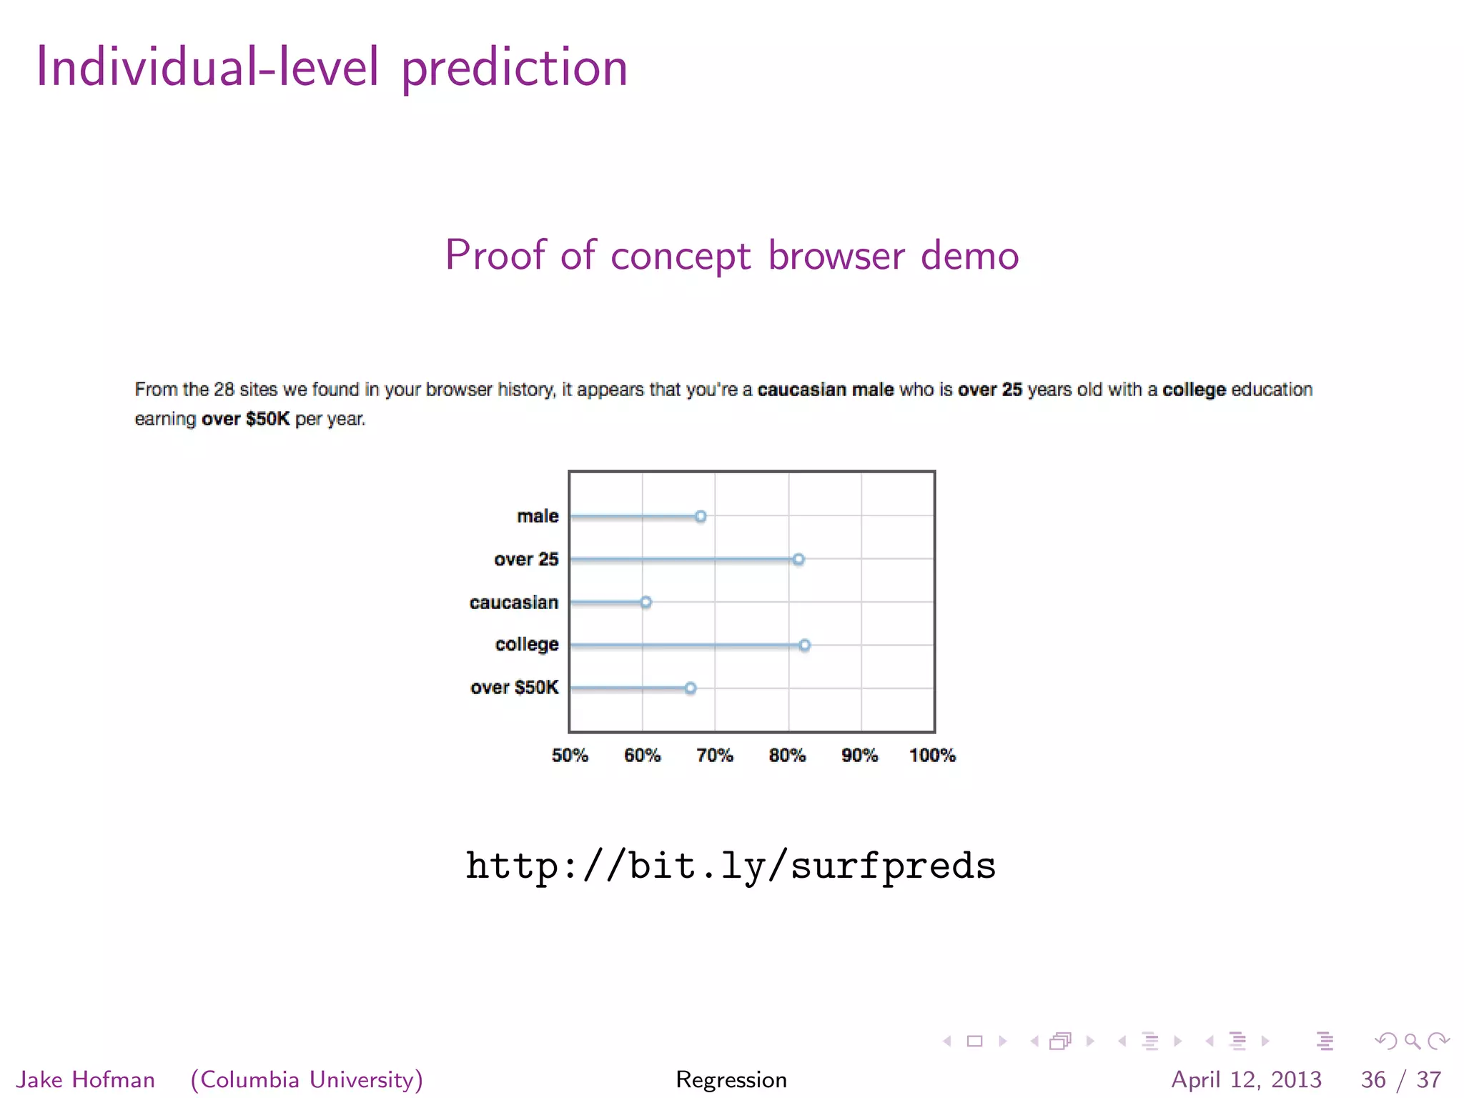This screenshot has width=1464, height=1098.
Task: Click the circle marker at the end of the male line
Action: click(701, 516)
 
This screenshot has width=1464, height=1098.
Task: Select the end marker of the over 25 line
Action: click(798, 559)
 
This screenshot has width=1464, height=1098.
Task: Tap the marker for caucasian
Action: click(646, 602)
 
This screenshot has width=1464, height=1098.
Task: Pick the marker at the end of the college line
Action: click(805, 645)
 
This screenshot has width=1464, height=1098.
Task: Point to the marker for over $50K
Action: click(691, 688)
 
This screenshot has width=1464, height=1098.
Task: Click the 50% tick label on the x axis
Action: click(570, 756)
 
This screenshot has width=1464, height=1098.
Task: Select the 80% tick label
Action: click(787, 756)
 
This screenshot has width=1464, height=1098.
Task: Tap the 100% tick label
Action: click(932, 756)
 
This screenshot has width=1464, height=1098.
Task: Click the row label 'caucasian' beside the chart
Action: click(513, 603)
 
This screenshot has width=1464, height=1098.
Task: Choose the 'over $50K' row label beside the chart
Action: click(514, 688)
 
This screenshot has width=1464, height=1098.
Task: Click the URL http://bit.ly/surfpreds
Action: click(731, 866)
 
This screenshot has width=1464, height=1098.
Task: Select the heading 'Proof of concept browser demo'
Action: click(732, 255)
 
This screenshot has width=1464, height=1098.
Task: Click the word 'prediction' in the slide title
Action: click(514, 68)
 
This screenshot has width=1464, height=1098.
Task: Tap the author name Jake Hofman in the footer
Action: click(86, 1079)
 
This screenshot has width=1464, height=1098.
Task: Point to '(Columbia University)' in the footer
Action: click(307, 1079)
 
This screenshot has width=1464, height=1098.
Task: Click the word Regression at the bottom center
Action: click(731, 1079)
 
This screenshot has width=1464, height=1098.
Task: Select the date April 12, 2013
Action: click(1246, 1079)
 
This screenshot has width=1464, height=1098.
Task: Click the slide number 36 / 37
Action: click(1400, 1079)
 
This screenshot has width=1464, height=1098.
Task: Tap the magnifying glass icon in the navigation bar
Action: click(1412, 1041)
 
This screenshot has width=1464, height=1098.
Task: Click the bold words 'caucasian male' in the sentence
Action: click(825, 390)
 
